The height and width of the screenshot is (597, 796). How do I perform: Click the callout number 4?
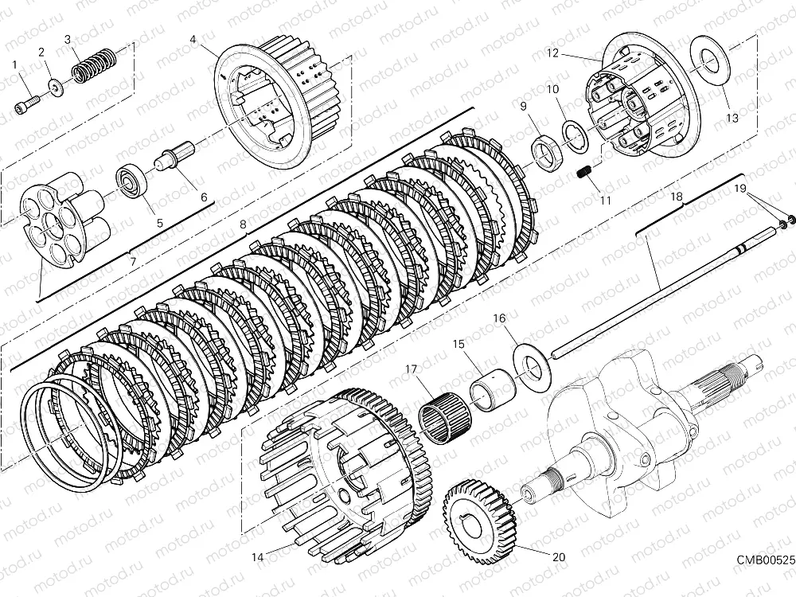pos(194,37)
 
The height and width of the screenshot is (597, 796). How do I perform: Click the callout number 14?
pos(256,558)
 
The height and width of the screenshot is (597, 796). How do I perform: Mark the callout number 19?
pos(741,189)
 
